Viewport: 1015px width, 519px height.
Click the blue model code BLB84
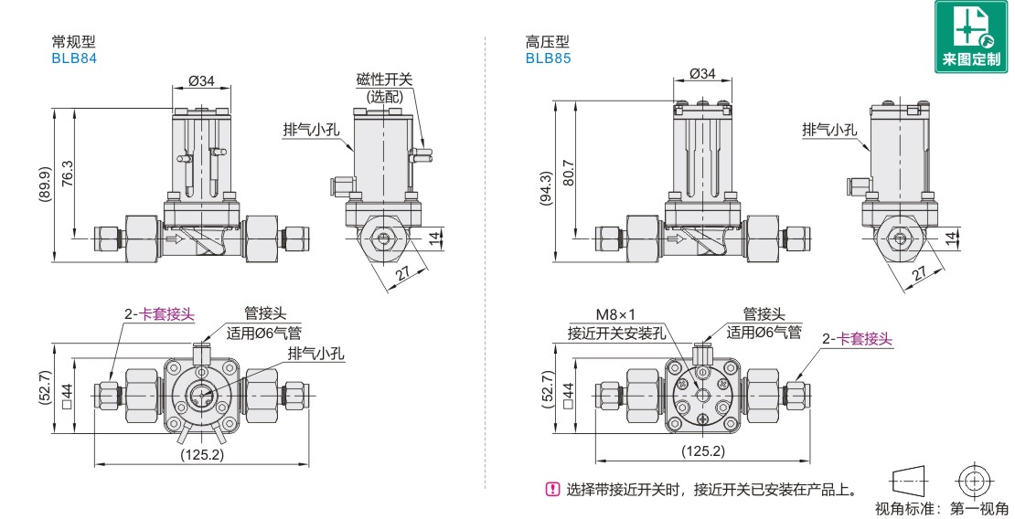pyautogui.click(x=74, y=58)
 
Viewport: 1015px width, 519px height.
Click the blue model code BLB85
pyautogui.click(x=548, y=58)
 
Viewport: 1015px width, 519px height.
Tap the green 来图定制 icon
pyautogui.click(x=972, y=37)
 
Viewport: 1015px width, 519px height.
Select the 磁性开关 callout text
pyautogui.click(x=384, y=79)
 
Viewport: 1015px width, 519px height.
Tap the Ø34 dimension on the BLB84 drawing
pyautogui.click(x=201, y=80)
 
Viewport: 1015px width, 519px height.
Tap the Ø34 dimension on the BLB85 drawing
pyautogui.click(x=702, y=73)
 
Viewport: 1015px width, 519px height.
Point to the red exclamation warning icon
pyautogui.click(x=551, y=489)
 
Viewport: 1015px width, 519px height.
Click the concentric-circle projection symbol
pyautogui.click(x=975, y=481)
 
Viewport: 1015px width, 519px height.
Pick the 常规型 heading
pyautogui.click(x=74, y=41)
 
